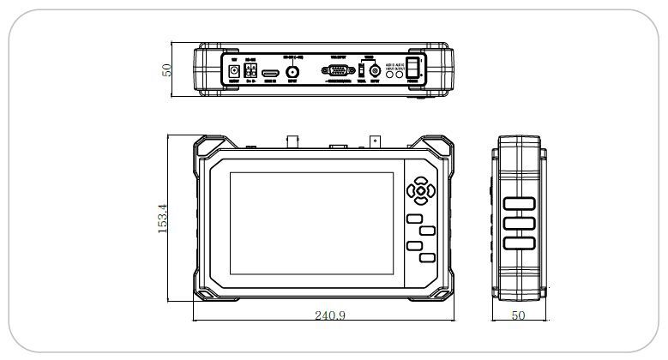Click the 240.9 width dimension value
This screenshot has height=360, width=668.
click(329, 315)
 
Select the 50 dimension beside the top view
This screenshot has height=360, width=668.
click(168, 69)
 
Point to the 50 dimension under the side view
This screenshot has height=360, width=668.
click(518, 315)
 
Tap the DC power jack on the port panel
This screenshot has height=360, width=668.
click(232, 73)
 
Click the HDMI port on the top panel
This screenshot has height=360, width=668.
click(270, 74)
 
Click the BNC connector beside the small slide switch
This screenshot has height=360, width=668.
click(375, 73)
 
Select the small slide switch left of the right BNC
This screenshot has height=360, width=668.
click(361, 71)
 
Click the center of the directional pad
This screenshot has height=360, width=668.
click(420, 189)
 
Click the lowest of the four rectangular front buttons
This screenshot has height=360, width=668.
click(426, 257)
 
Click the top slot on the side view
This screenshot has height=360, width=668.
click(519, 204)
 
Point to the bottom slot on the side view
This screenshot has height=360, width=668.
click(519, 243)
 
